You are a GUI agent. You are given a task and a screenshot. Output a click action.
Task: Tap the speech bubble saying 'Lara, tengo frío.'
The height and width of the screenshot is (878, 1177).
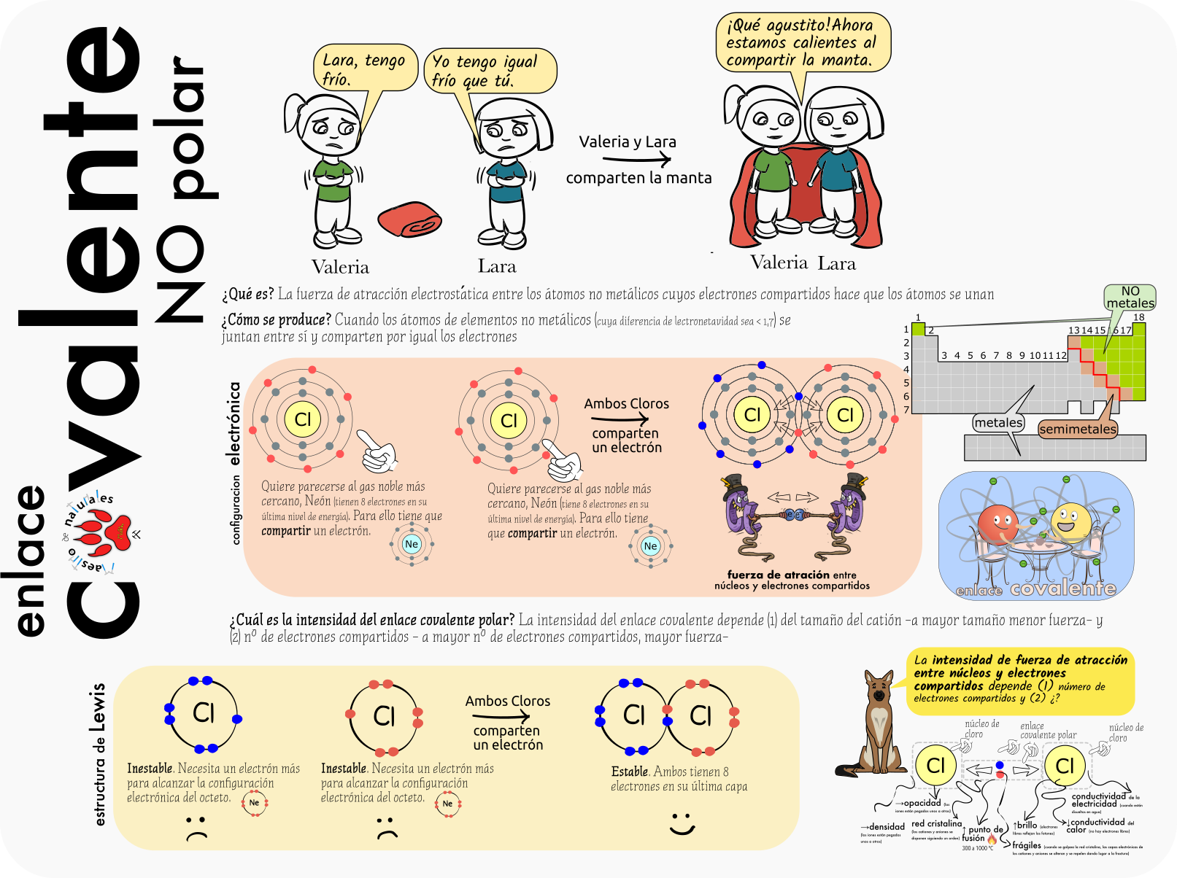pyautogui.click(x=363, y=69)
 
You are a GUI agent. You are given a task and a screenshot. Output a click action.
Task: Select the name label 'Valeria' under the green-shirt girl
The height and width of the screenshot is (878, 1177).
pyautogui.click(x=340, y=267)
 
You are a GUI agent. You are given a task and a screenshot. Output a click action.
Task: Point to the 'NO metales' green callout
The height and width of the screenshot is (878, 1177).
pyautogui.click(x=1130, y=298)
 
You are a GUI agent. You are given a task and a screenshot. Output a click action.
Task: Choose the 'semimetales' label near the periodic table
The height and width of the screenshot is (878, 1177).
pyautogui.click(x=1077, y=430)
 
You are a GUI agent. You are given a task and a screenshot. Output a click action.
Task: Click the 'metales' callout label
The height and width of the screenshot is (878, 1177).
pyautogui.click(x=998, y=423)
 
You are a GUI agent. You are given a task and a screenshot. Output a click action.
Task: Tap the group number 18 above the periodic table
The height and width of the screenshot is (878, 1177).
pyautogui.click(x=1138, y=317)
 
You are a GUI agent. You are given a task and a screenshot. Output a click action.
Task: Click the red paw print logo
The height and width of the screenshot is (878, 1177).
pyautogui.click(x=106, y=532)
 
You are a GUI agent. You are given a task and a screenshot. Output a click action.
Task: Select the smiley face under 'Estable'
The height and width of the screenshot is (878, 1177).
pyautogui.click(x=682, y=824)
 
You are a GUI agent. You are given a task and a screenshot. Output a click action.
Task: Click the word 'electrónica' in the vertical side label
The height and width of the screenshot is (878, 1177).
pyautogui.click(x=234, y=424)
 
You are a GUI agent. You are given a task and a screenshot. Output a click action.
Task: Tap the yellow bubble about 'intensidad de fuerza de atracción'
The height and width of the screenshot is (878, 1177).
pyautogui.click(x=1020, y=679)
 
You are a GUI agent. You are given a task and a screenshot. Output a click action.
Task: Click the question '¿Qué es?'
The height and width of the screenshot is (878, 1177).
pyautogui.click(x=248, y=294)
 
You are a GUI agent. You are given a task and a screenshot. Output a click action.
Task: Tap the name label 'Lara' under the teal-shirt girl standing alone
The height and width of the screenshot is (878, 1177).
pyautogui.click(x=497, y=267)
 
